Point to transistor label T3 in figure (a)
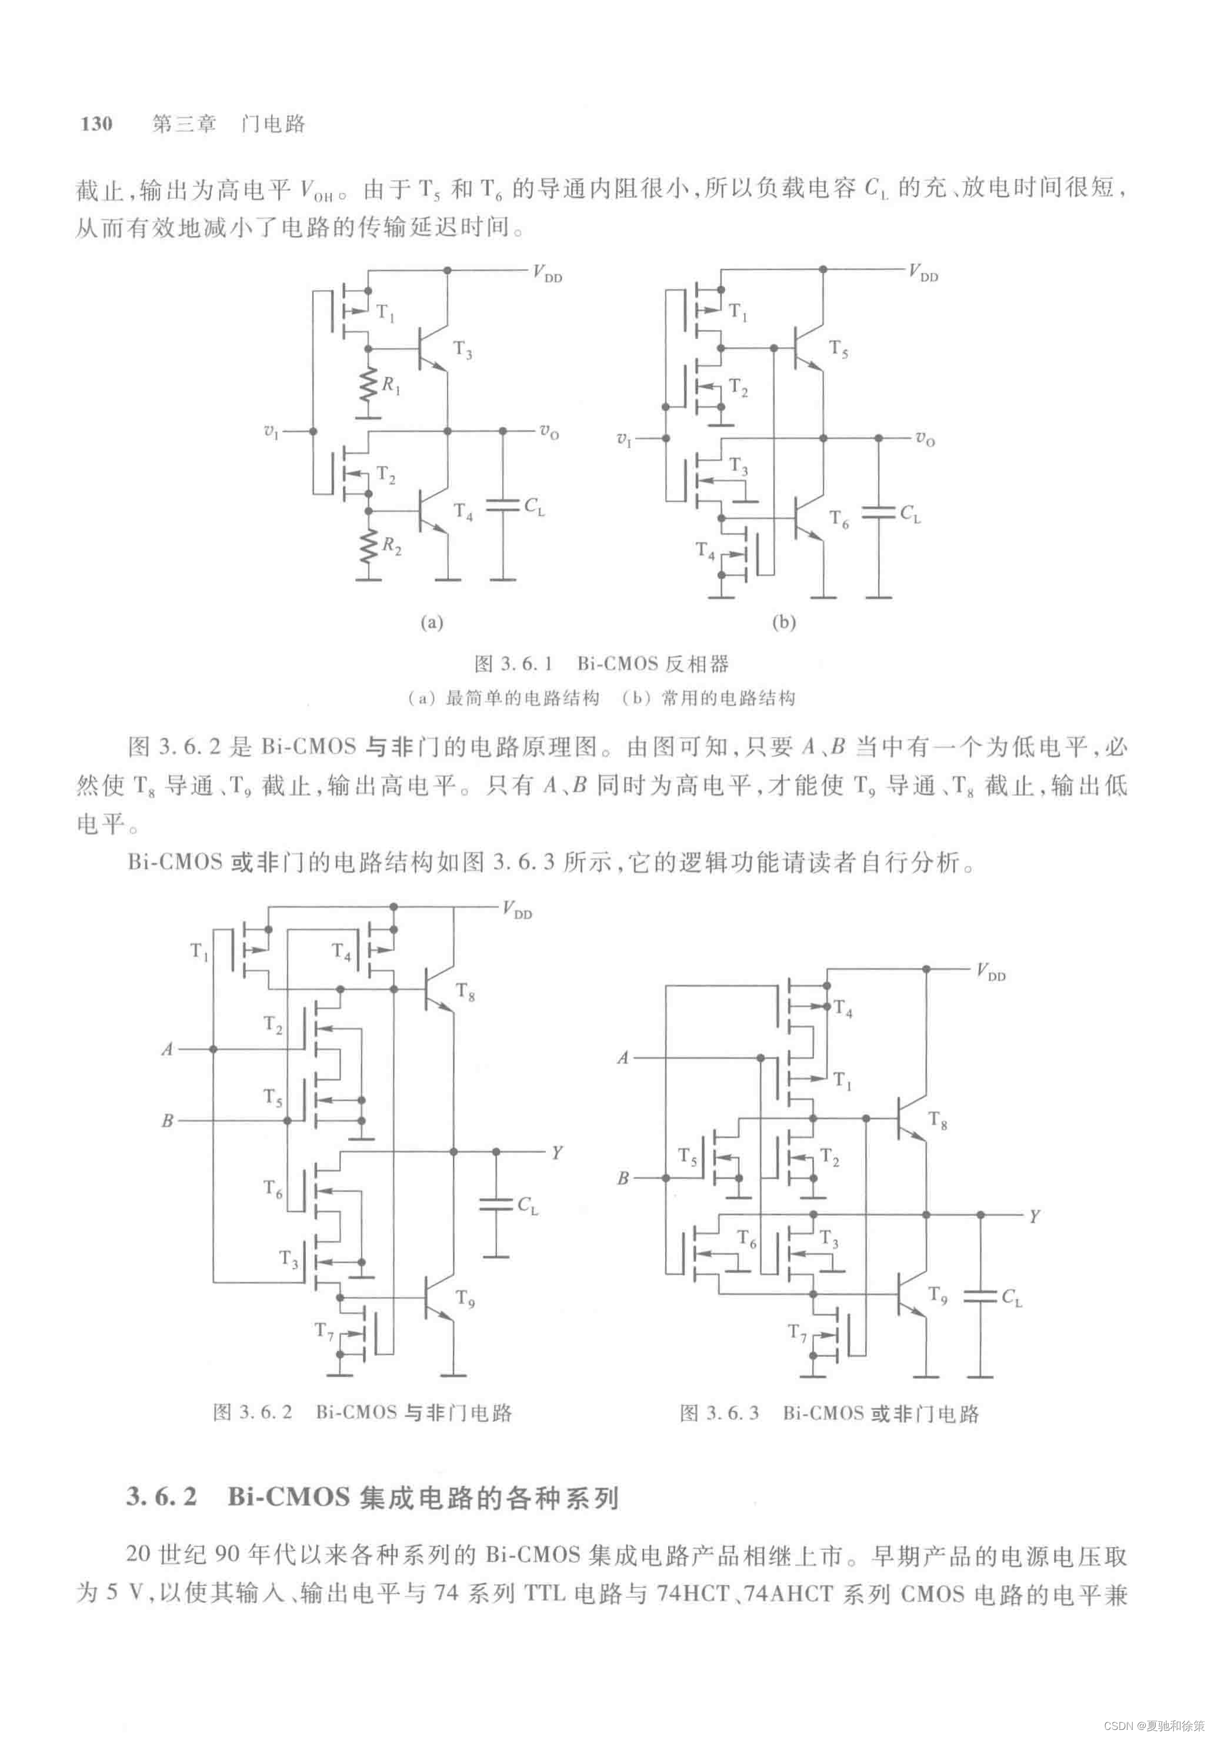462,349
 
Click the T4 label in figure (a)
463,512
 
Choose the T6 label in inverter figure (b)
839,518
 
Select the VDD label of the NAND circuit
518,909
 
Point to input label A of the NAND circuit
167,1049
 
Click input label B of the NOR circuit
622,1178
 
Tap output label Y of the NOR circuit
1033,1216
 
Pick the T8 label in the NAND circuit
465,992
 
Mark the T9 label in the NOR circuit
938,1296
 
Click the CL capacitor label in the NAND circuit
527,1205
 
